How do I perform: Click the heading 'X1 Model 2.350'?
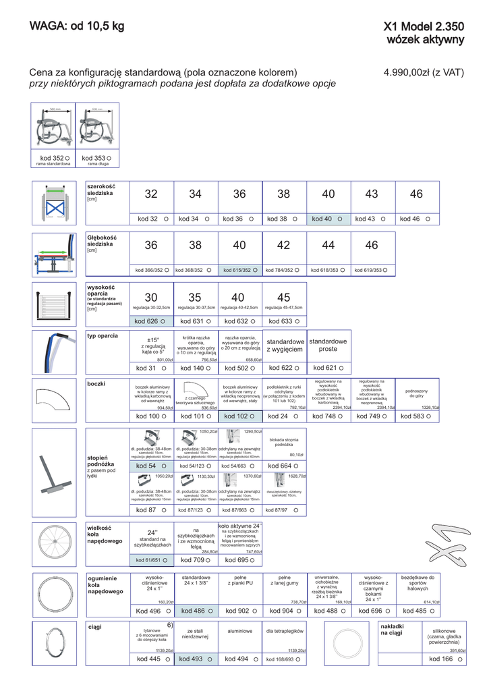[424, 27]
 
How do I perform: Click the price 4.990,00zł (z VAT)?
[424, 72]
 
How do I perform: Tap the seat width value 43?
[372, 194]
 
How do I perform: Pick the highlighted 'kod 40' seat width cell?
[328, 219]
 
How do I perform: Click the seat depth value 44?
[328, 246]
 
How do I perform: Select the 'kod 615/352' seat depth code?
[240, 270]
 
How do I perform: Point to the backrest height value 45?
[283, 298]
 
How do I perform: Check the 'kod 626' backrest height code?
[151, 321]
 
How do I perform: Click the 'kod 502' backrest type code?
[240, 368]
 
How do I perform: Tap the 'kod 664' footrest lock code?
[283, 466]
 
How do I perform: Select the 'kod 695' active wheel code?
[240, 560]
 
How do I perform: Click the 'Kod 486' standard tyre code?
[195, 611]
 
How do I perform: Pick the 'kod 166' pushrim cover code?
[441, 659]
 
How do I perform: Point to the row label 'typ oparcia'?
[103, 335]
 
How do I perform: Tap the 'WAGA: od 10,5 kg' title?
[77, 26]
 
